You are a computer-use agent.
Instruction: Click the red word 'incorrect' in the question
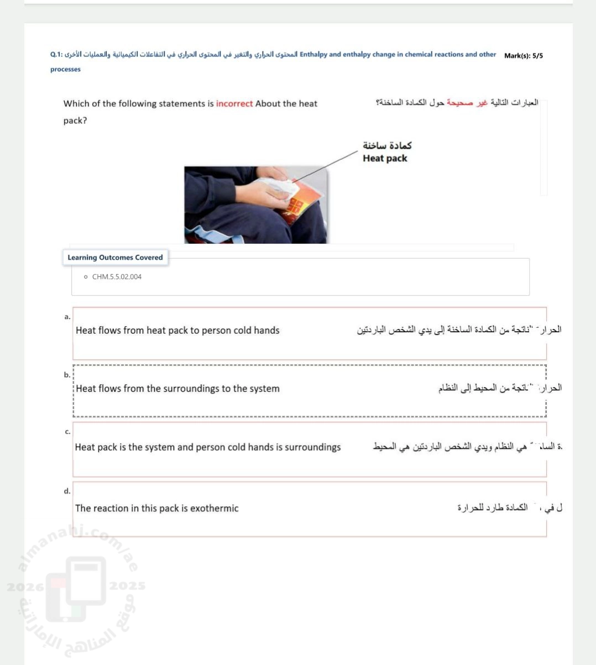tap(234, 104)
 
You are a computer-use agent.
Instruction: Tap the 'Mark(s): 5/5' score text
tap(523, 56)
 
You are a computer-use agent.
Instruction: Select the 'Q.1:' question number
tap(56, 55)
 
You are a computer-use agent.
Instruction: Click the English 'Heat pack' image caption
tap(385, 159)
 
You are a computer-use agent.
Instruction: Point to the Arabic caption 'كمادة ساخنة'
tap(387, 145)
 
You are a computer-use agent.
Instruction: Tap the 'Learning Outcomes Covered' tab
tap(115, 258)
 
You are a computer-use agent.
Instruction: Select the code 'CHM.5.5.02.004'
tap(117, 277)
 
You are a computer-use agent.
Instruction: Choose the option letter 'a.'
tap(67, 317)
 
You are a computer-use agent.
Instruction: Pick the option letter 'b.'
tap(67, 375)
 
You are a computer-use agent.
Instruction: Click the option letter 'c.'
tap(67, 432)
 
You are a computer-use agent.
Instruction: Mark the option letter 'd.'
tap(67, 491)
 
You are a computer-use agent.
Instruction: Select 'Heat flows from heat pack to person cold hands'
tap(177, 331)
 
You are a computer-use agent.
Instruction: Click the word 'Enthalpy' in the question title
tap(313, 55)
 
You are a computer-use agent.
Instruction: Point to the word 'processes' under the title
tap(65, 70)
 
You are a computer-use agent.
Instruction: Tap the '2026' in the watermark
tap(25, 587)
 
